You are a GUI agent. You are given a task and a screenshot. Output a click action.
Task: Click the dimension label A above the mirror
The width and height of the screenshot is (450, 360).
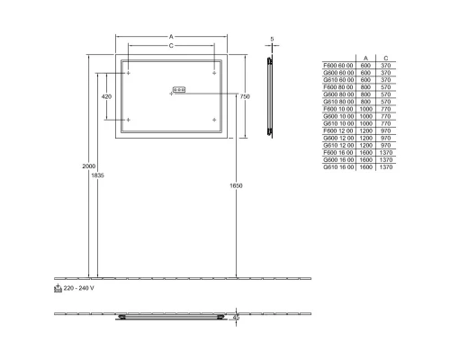(x=171, y=37)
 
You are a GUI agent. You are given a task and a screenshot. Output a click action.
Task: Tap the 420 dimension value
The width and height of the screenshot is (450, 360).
(x=106, y=95)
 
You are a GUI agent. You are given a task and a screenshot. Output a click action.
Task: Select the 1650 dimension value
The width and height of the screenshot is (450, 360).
(x=236, y=185)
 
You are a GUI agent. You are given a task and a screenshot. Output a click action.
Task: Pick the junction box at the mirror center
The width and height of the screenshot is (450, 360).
(x=177, y=89)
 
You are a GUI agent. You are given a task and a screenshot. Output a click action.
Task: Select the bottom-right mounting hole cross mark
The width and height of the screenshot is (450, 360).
(x=213, y=119)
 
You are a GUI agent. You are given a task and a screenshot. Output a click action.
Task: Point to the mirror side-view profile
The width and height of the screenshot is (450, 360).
(x=270, y=96)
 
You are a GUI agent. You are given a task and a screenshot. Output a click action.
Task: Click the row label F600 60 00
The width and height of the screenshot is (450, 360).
(x=338, y=65)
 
